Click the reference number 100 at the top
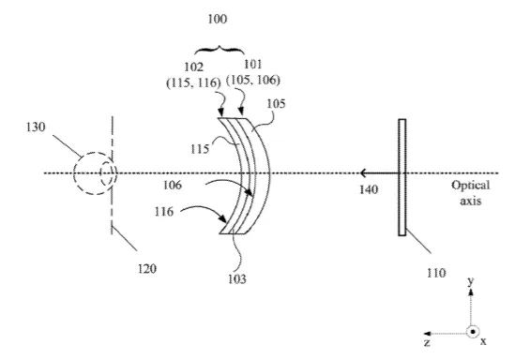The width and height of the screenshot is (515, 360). tap(217, 19)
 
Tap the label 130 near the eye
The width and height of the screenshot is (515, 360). tap(36, 127)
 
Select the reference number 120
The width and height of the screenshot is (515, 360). tap(147, 269)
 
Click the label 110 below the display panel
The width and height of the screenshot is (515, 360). tap(436, 273)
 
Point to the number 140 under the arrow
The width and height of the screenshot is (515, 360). tap(369, 189)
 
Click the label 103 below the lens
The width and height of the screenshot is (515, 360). tap(236, 279)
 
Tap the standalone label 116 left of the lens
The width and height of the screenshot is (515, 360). tap(164, 212)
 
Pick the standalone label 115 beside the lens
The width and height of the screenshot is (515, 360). tap(200, 149)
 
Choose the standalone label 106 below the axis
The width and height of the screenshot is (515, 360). tap(173, 185)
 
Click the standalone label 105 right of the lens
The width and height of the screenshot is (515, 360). tap(276, 104)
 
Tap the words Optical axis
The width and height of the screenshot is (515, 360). tap(470, 192)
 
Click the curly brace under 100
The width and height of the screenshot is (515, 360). tap(220, 51)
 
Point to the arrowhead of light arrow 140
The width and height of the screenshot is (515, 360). tap(362, 172)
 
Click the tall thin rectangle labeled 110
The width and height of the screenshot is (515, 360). tap(402, 177)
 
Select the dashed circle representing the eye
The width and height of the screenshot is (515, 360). tap(74, 174)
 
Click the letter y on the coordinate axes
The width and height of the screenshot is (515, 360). tap(471, 282)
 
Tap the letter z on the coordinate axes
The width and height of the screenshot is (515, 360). tap(427, 343)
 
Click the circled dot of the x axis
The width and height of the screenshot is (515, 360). tap(473, 332)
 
